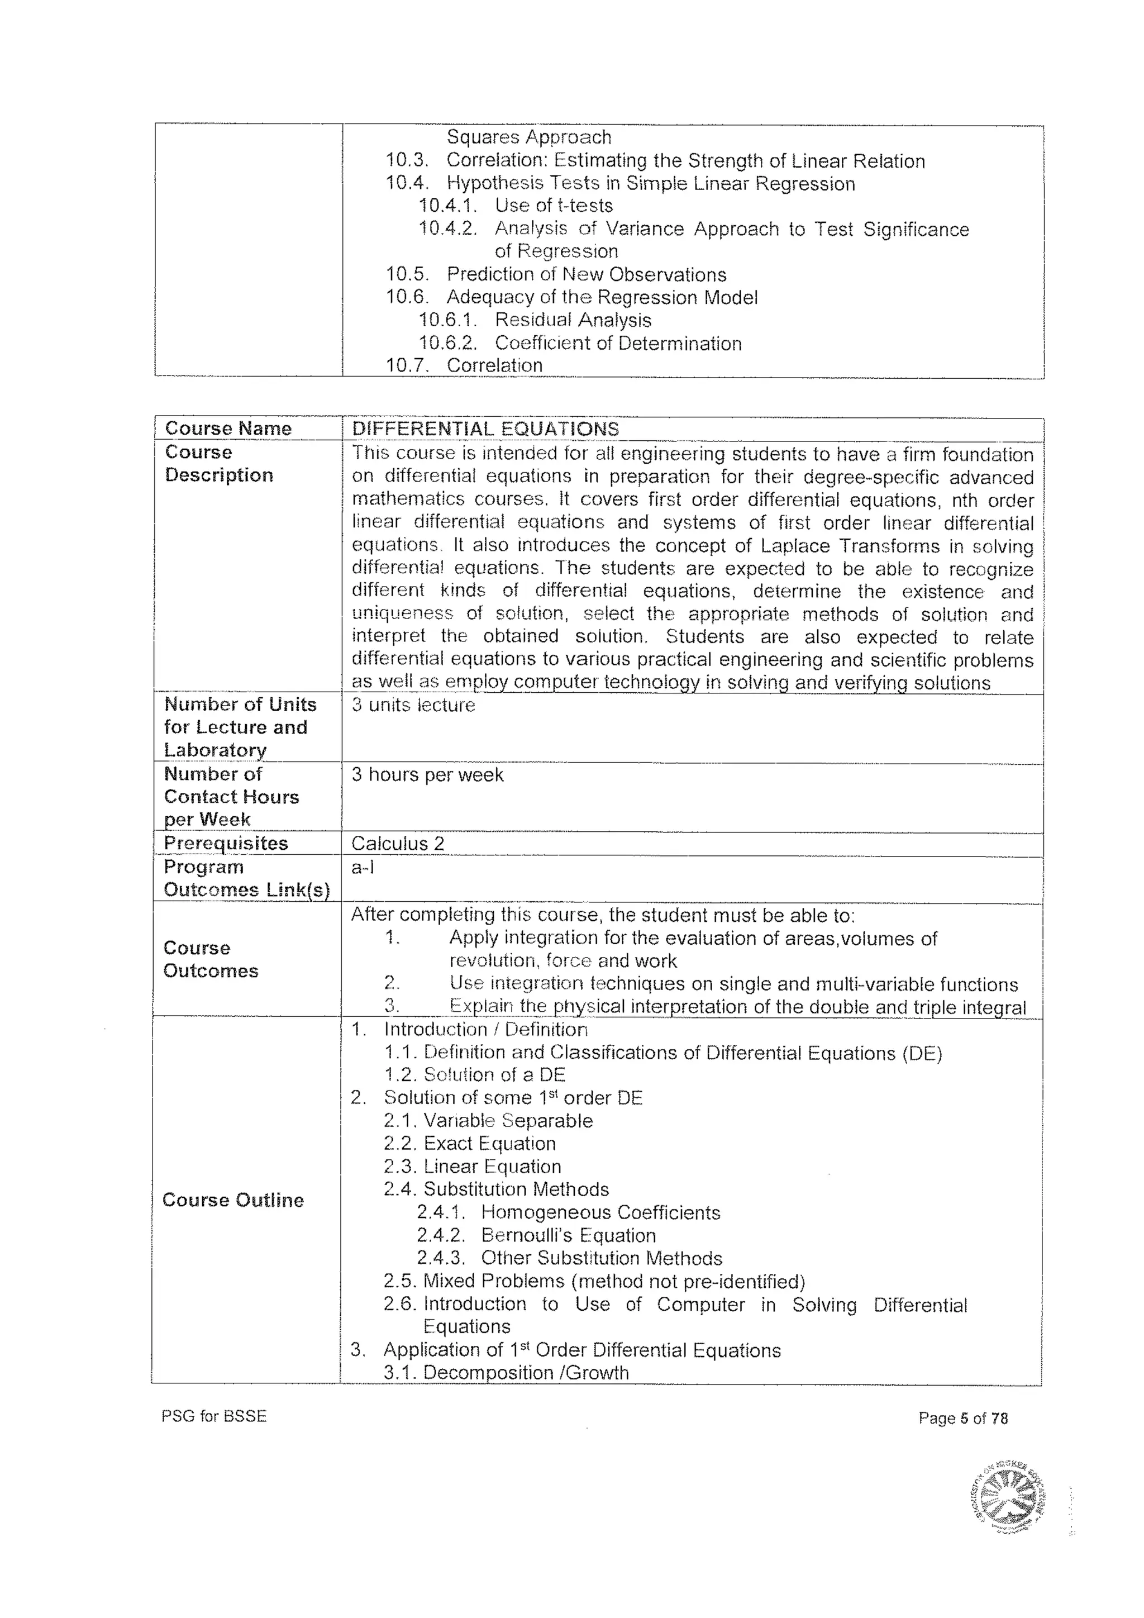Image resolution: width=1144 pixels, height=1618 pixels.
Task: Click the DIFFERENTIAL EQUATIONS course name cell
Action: coord(485,429)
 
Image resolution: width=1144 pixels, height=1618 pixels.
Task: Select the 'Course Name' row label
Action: coord(227,429)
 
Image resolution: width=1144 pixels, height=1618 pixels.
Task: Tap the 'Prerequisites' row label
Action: coord(226,843)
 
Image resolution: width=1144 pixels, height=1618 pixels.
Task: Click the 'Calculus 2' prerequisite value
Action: coord(397,844)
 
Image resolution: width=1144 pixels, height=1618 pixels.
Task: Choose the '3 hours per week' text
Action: coord(427,774)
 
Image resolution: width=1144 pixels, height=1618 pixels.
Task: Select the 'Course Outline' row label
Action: coord(232,1200)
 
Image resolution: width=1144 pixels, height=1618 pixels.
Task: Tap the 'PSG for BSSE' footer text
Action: coord(213,1416)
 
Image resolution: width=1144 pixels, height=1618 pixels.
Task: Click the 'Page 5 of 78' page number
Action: coord(963,1418)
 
